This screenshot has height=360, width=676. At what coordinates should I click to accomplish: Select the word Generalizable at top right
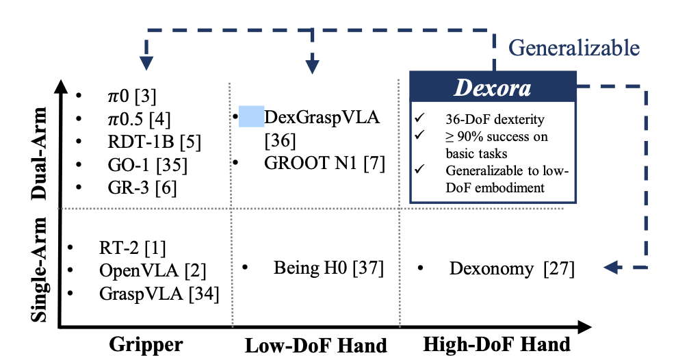click(x=574, y=48)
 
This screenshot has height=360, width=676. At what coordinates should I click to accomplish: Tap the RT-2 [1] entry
click(x=132, y=248)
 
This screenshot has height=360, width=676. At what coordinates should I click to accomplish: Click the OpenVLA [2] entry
click(x=153, y=271)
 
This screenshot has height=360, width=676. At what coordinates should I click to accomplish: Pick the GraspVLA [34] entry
click(x=159, y=294)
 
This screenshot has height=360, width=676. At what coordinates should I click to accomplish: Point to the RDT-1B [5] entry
click(x=155, y=142)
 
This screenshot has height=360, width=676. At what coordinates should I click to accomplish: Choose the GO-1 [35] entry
click(x=147, y=165)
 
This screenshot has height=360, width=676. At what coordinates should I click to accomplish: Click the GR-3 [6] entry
click(x=142, y=188)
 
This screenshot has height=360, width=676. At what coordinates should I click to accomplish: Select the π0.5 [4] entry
click(x=140, y=119)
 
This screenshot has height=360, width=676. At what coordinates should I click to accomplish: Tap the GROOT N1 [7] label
click(x=324, y=164)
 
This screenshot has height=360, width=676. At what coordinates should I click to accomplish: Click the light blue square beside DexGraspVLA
click(x=251, y=116)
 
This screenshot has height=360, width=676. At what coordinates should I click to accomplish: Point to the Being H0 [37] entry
click(x=328, y=268)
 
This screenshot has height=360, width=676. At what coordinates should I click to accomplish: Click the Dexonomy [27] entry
click(x=512, y=268)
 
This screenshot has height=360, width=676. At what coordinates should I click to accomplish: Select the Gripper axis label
click(x=146, y=344)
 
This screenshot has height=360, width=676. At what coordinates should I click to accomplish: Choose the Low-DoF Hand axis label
click(x=316, y=346)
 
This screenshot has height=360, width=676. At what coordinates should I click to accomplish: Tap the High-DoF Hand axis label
click(x=497, y=344)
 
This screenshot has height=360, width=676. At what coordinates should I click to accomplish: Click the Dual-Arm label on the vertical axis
click(x=39, y=153)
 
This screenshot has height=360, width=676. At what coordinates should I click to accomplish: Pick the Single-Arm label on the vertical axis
click(x=39, y=270)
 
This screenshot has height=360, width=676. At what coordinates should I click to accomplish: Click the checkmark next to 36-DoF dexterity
click(x=419, y=117)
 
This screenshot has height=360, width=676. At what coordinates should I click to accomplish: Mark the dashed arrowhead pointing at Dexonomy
click(x=612, y=268)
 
